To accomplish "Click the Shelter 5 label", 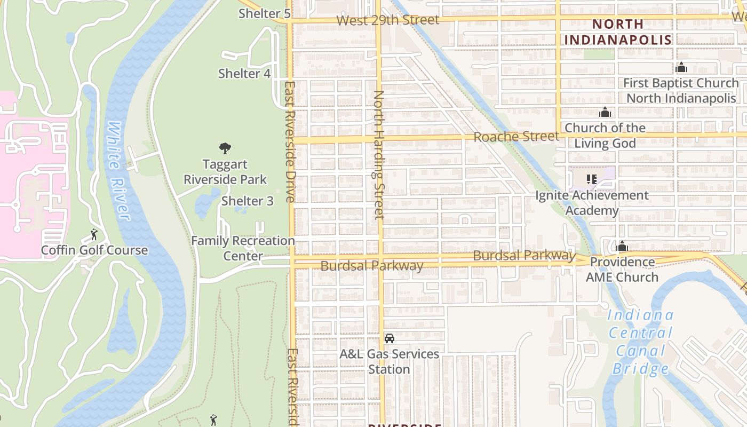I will (x=264, y=14).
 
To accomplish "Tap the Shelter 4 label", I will (x=244, y=74).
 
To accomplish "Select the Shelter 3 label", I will (x=247, y=201).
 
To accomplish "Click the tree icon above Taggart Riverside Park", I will (x=225, y=148).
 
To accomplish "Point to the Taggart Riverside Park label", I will (x=225, y=172).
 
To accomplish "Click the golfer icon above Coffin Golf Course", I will (x=94, y=234).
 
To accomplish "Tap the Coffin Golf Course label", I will (x=94, y=250).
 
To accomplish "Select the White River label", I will (x=118, y=171).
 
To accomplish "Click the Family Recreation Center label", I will (x=243, y=248).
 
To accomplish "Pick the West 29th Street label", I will (x=388, y=20).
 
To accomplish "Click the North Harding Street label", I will (x=379, y=155).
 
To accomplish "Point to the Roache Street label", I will (x=516, y=137).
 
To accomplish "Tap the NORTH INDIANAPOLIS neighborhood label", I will (x=618, y=32).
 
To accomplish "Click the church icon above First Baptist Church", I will (x=681, y=68).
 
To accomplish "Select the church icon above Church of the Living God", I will (x=605, y=112).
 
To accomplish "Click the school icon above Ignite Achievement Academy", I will (x=591, y=179).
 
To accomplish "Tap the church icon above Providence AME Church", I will (x=622, y=247).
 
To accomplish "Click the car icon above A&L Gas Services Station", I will (x=390, y=338).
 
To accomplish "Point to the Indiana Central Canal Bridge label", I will (x=640, y=342).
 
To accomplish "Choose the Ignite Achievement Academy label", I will (x=592, y=203).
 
